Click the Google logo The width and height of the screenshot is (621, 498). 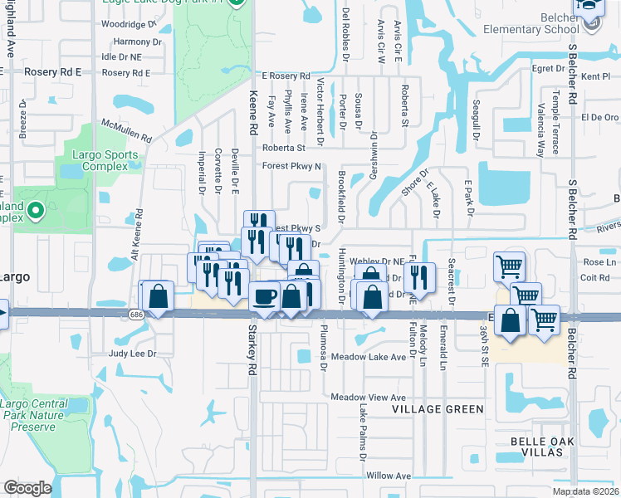click(x=27, y=488)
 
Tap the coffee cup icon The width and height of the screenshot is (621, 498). click(x=265, y=295)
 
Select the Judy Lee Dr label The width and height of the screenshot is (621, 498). click(x=133, y=354)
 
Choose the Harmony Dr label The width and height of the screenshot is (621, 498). click(x=137, y=41)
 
